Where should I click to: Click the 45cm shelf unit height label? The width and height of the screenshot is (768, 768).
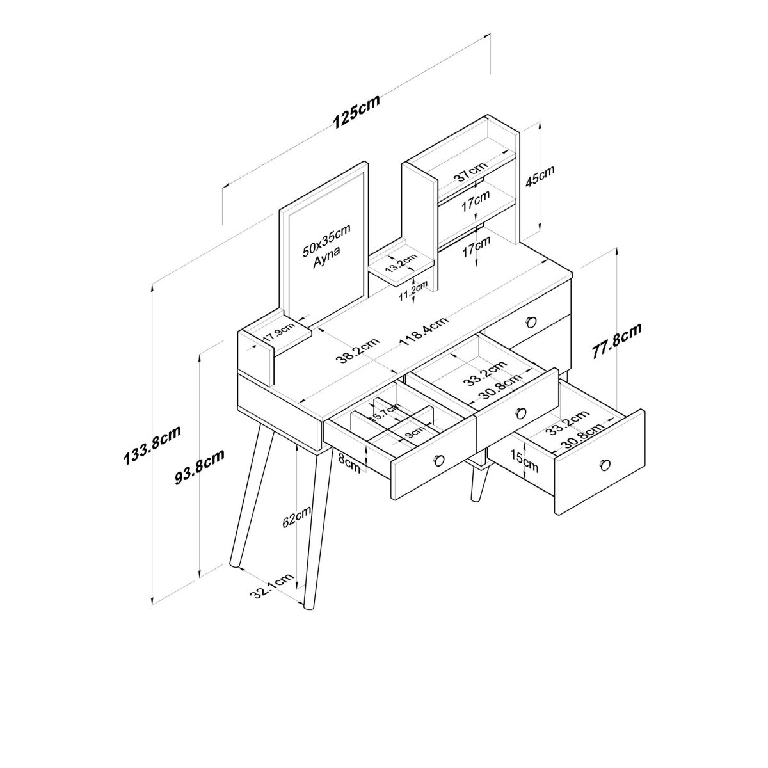pyautogui.click(x=540, y=176)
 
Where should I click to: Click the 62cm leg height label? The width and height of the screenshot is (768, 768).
pyautogui.click(x=296, y=517)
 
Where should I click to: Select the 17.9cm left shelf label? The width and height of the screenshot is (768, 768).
pyautogui.click(x=280, y=330)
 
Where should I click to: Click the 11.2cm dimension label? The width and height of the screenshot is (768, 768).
pyautogui.click(x=413, y=291)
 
